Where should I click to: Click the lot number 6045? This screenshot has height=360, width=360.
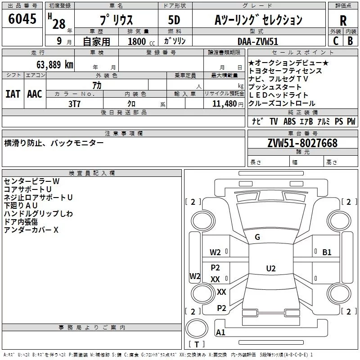click(x=22, y=19)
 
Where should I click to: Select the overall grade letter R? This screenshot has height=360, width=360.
click(x=343, y=21)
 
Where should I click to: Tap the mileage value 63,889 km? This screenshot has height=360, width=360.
click(x=55, y=64)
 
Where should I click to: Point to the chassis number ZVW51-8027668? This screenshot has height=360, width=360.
click(x=302, y=143)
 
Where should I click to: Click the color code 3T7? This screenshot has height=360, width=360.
click(x=74, y=104)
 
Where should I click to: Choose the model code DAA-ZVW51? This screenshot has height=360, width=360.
click(x=258, y=41)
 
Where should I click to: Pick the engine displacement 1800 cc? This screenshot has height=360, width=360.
click(x=141, y=41)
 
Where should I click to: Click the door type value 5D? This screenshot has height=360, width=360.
click(x=174, y=20)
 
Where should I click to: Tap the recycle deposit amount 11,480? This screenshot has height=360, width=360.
click(x=224, y=104)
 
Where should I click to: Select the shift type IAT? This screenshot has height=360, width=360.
click(x=13, y=94)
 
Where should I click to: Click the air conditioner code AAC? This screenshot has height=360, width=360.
click(x=35, y=94)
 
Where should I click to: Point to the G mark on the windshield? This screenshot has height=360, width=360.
click(x=257, y=237)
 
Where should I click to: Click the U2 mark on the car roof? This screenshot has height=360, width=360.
click(x=271, y=268)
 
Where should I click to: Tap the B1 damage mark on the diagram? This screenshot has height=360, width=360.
click(x=327, y=252)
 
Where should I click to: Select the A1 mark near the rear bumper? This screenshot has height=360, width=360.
click(x=220, y=332)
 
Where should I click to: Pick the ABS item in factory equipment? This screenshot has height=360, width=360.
click(x=289, y=121)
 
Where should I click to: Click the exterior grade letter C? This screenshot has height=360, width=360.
click(x=336, y=41)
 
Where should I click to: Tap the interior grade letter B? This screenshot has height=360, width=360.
click(x=351, y=41)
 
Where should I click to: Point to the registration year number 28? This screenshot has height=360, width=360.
click(x=59, y=24)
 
